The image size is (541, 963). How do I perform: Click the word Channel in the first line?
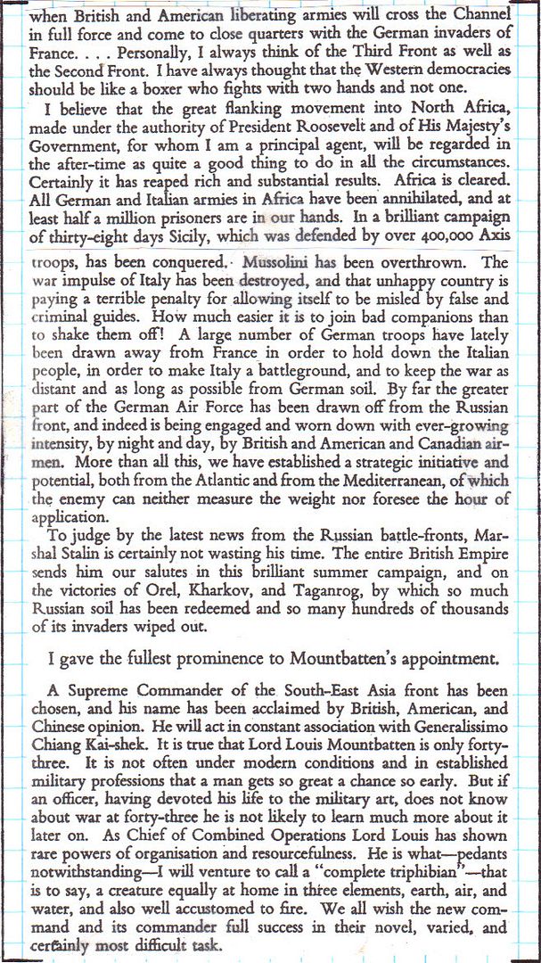[488, 15]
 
